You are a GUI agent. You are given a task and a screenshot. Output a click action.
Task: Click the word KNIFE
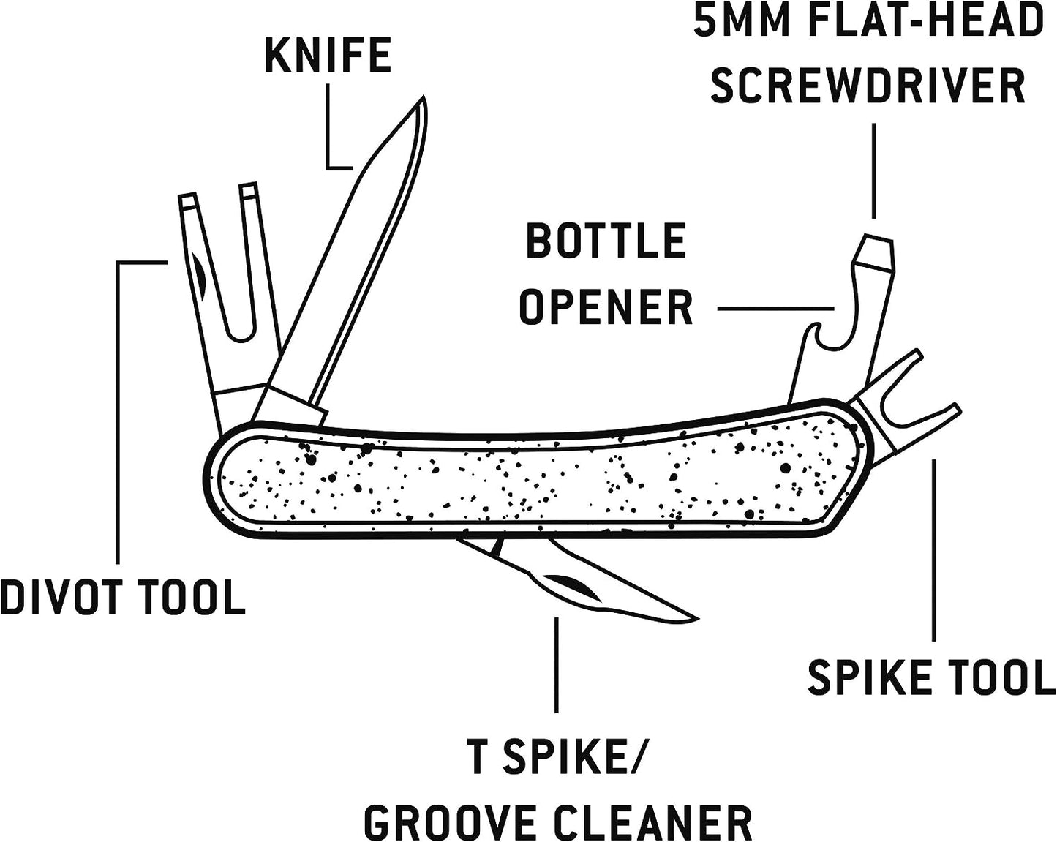point(327,56)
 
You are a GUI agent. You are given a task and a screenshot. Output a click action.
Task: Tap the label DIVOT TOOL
point(122,597)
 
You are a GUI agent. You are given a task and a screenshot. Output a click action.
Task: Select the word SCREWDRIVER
point(868,86)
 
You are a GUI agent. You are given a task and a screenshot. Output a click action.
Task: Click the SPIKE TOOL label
point(931,677)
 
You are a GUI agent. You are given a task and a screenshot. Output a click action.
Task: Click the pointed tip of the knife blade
point(422,101)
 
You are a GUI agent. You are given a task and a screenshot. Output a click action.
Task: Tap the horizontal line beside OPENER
point(775,309)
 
